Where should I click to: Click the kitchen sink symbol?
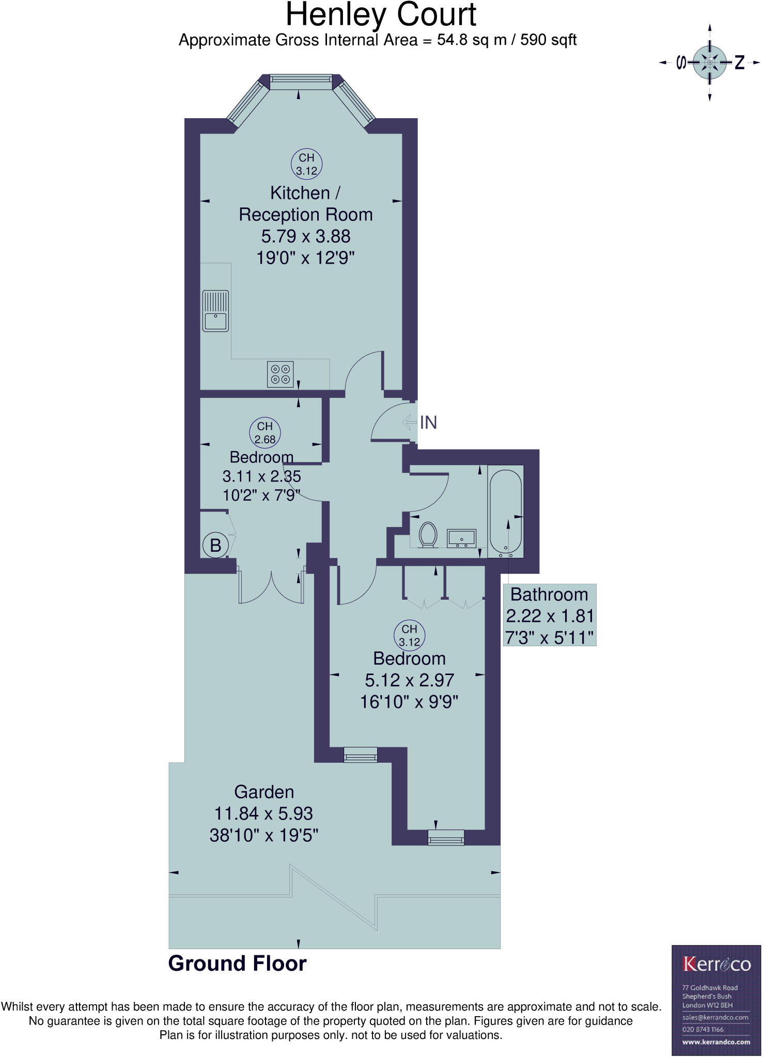[215, 311]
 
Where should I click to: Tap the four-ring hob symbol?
[281, 374]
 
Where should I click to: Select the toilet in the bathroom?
[428, 535]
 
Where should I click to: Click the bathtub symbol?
[506, 511]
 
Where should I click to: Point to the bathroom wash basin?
[461, 538]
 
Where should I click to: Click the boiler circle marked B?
[215, 545]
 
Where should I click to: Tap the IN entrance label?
[428, 423]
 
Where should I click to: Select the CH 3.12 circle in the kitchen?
[306, 164]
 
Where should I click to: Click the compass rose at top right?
[710, 62]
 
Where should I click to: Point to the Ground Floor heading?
[237, 964]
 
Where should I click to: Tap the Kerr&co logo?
[716, 964]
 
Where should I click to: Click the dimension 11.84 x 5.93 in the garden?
[263, 814]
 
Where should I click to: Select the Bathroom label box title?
[549, 595]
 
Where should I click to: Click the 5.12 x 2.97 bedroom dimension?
[409, 680]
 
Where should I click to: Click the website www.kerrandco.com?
[716, 1042]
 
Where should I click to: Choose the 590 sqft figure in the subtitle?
[548, 40]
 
